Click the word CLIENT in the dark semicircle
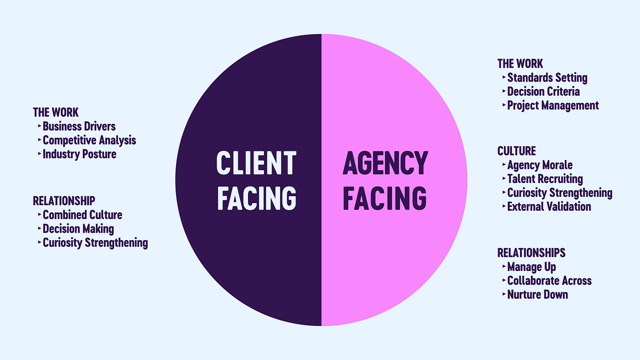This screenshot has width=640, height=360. (256, 163)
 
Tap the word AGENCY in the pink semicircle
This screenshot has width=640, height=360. (385, 163)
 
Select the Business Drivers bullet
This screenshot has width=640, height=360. (79, 126)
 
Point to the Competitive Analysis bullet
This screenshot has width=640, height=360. (89, 140)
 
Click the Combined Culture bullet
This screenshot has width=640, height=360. (82, 215)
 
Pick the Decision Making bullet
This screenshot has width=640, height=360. (78, 229)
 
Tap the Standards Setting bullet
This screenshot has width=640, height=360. (547, 78)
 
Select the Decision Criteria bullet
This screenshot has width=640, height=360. (543, 92)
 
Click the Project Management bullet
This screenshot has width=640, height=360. (553, 106)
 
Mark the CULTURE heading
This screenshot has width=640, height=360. (517, 151)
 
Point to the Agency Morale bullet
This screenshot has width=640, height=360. (540, 165)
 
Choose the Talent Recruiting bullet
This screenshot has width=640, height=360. (545, 179)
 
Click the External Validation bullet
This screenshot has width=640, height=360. (549, 206)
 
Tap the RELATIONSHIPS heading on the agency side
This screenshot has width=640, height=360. (531, 252)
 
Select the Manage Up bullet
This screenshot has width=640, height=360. (532, 267)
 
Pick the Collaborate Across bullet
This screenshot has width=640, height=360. (549, 281)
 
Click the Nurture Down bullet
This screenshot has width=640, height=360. (538, 294)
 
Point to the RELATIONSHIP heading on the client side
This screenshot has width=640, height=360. (64, 201)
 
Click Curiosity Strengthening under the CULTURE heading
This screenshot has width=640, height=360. (559, 193)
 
